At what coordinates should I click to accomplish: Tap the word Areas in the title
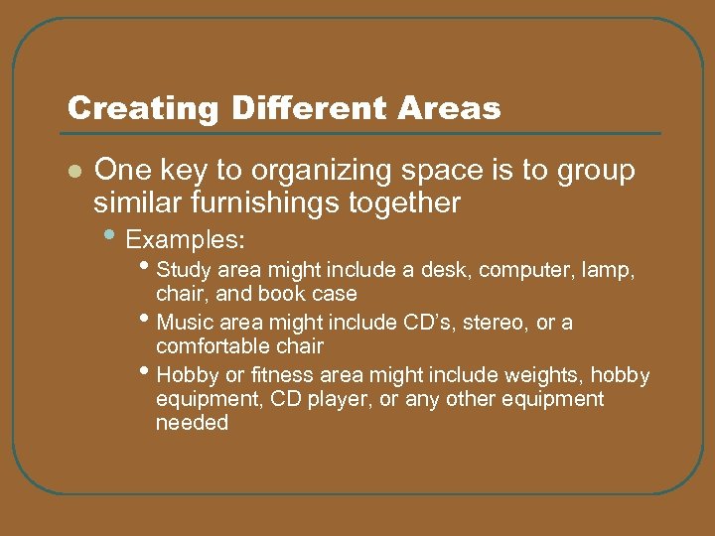(454, 108)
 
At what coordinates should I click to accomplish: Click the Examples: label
(186, 241)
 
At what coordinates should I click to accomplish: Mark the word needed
(192, 423)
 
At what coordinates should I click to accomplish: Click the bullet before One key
(72, 172)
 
